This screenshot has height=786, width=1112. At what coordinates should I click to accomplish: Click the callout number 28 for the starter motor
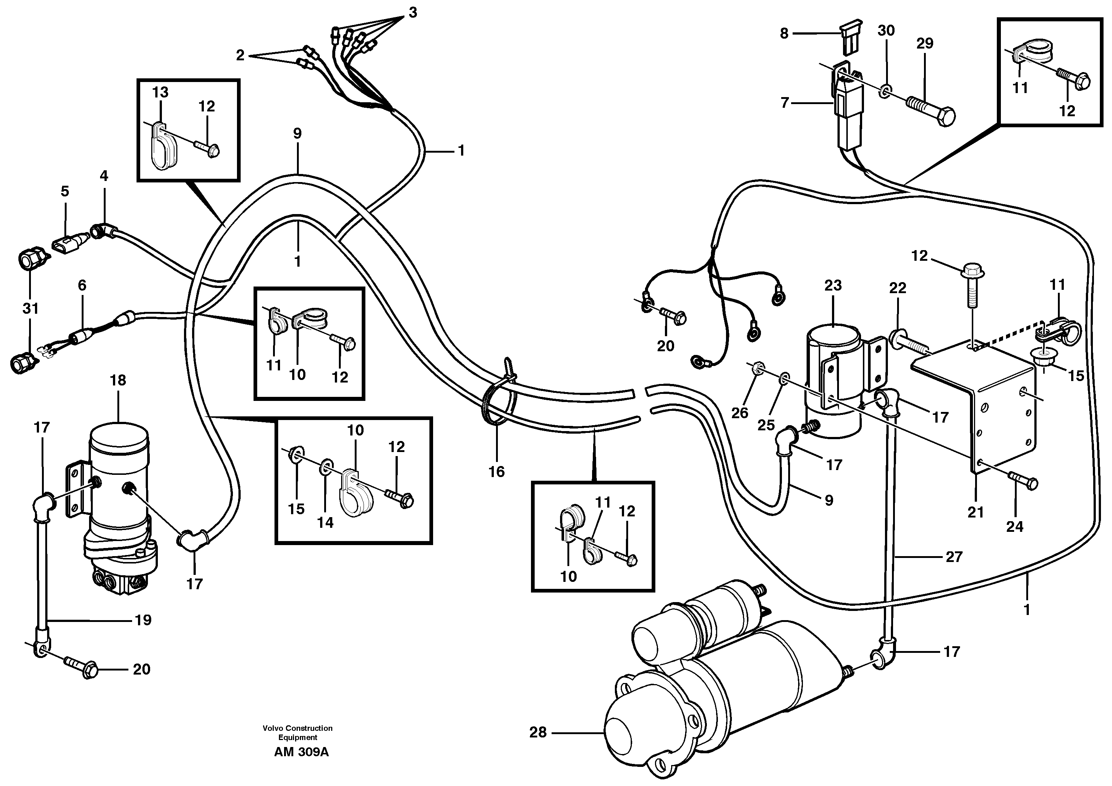(x=538, y=732)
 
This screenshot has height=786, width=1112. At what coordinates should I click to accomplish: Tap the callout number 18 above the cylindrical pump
(x=118, y=380)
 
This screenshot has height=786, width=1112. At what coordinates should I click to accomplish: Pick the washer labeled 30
(x=884, y=90)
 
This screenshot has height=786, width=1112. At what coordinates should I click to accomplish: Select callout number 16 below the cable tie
(x=496, y=472)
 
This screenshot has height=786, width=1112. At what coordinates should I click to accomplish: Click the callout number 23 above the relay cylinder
(x=833, y=285)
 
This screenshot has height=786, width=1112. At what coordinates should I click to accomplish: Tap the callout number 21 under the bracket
(x=975, y=512)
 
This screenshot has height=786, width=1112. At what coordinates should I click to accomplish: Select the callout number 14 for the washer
(x=325, y=522)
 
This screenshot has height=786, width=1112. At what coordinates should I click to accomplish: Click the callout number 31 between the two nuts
(x=30, y=308)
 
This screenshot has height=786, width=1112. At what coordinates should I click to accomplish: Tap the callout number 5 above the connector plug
(x=65, y=191)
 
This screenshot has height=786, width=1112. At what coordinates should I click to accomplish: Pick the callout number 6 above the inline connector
(x=82, y=285)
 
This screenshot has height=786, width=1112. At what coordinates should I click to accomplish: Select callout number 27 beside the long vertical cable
(x=954, y=557)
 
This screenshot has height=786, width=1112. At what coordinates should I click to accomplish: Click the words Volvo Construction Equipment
(x=297, y=732)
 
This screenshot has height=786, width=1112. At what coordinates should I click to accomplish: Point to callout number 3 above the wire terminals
(x=412, y=13)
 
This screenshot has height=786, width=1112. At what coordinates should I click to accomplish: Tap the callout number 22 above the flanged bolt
(x=897, y=288)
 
